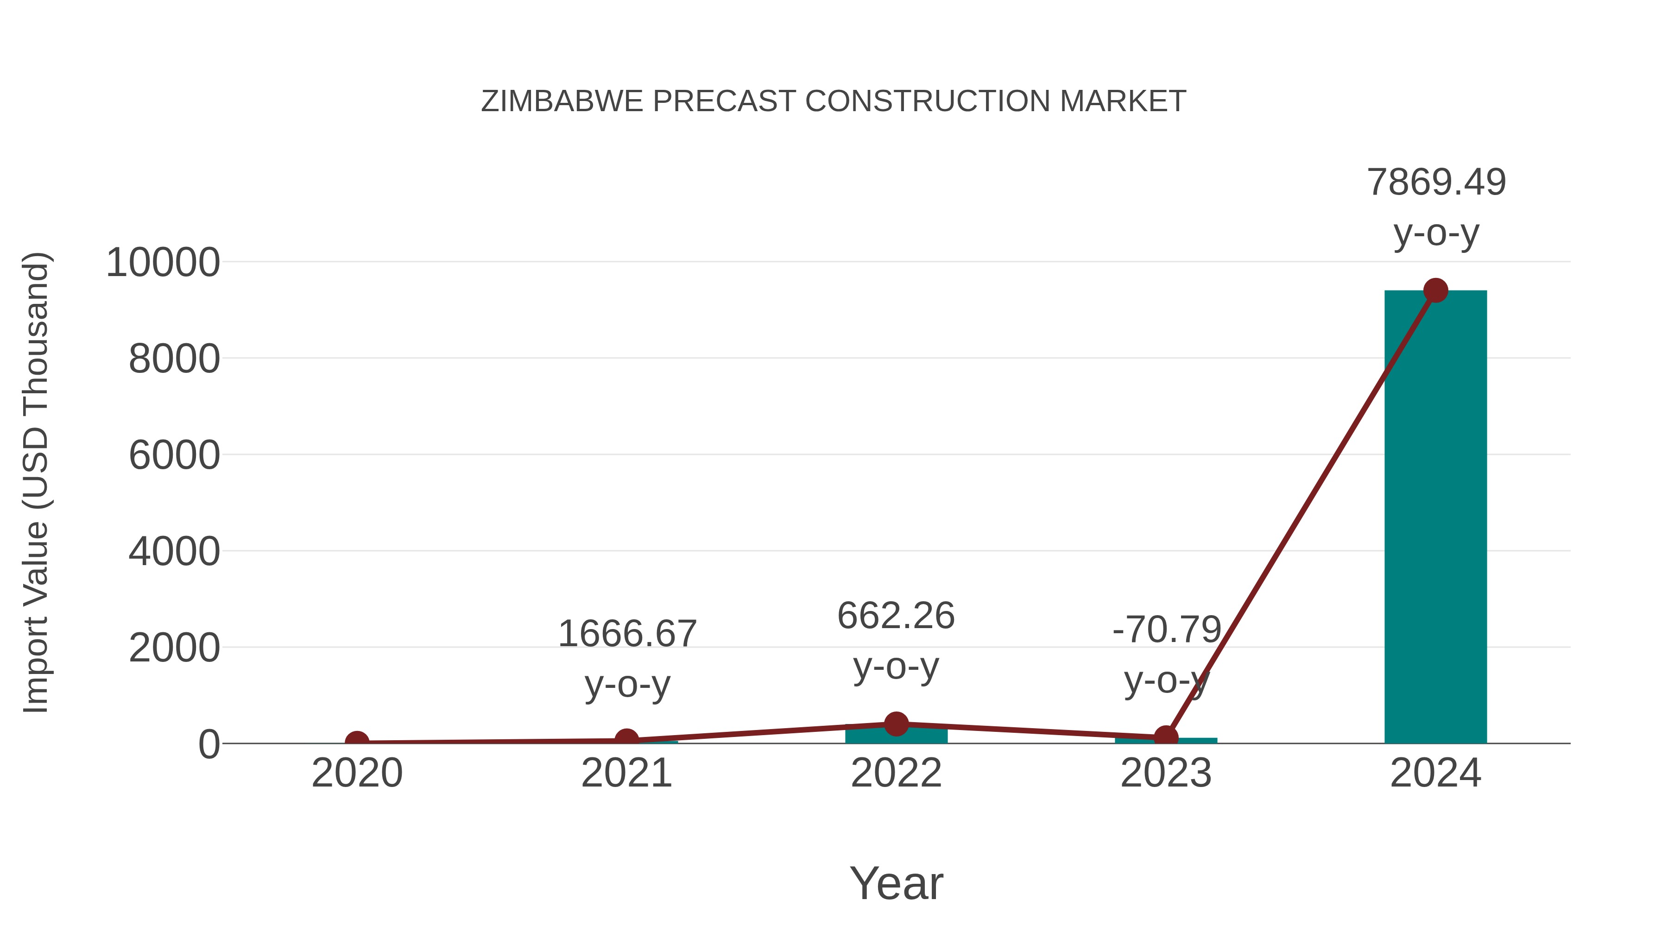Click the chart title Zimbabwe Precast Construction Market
point(834,101)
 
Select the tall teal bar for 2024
point(1435,518)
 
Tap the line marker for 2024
point(1435,290)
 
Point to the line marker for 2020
point(357,742)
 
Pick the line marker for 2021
point(626,739)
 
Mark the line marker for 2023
point(1166,737)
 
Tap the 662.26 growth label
point(896,616)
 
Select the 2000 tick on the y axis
point(174,648)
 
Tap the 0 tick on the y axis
point(209,744)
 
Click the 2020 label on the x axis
point(357,773)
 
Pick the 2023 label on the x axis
point(1166,773)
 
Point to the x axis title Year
point(896,884)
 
